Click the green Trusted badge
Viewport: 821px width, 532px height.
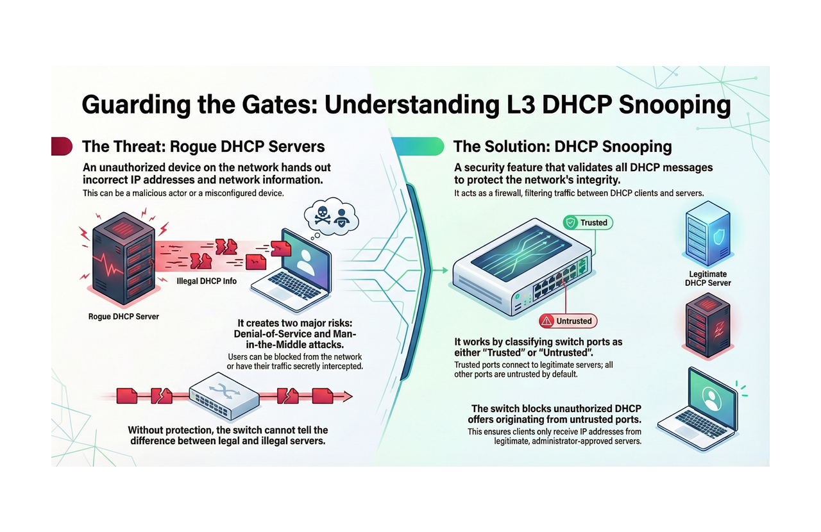click(x=588, y=222)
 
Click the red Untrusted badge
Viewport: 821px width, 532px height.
click(x=568, y=320)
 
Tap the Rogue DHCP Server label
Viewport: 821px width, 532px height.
click(x=124, y=316)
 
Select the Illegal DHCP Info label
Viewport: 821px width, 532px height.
click(x=207, y=281)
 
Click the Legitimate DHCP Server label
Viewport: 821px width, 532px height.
click(x=707, y=278)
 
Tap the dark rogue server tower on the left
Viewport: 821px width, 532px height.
click(x=119, y=260)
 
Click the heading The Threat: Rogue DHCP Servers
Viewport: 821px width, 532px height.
click(x=203, y=146)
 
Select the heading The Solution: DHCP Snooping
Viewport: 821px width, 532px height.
click(x=563, y=146)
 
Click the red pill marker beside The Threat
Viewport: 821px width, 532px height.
click(x=62, y=146)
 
